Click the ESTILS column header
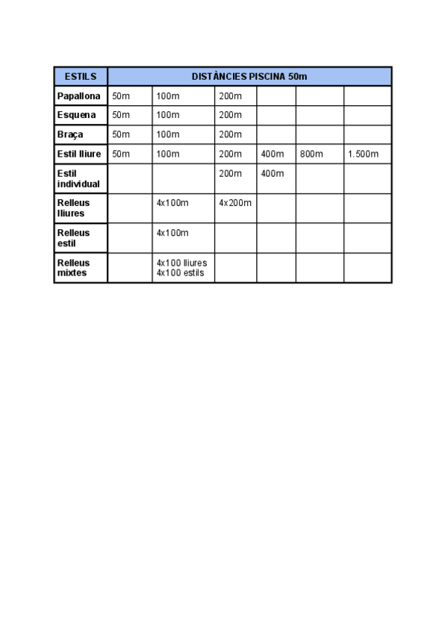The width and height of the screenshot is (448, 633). tap(81, 77)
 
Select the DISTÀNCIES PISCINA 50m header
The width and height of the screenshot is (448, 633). tap(249, 77)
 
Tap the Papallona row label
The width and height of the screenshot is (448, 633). tap(79, 96)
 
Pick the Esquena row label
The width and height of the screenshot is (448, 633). tap(76, 115)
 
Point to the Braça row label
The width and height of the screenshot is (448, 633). tap(70, 134)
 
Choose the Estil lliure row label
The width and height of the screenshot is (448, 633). tap(79, 154)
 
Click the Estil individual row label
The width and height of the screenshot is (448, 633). tap(78, 178)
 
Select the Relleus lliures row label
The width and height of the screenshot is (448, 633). tap(73, 208)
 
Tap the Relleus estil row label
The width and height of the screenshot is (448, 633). tap(73, 237)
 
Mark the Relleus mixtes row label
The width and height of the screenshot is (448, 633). tap(73, 267)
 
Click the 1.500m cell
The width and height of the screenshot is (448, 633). tap(363, 155)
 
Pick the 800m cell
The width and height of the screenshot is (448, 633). tap(311, 155)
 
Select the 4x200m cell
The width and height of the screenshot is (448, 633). tap(235, 203)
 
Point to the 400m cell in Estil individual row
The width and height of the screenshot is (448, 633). tap(273, 174)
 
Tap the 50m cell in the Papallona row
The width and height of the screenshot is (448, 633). tap(121, 96)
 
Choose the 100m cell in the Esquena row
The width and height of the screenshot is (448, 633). tap(168, 115)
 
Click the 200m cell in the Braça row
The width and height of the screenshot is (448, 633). tap(231, 134)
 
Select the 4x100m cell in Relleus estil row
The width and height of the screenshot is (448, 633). tap(172, 233)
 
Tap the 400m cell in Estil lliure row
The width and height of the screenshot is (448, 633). tap(273, 155)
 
